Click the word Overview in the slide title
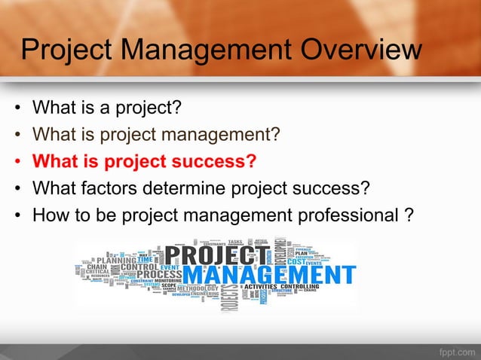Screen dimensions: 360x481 pos(360,50)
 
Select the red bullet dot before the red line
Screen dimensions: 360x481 pos(17,162)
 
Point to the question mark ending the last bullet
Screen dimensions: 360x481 pos(409,214)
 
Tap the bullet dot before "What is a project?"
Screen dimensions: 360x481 pos(17,109)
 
